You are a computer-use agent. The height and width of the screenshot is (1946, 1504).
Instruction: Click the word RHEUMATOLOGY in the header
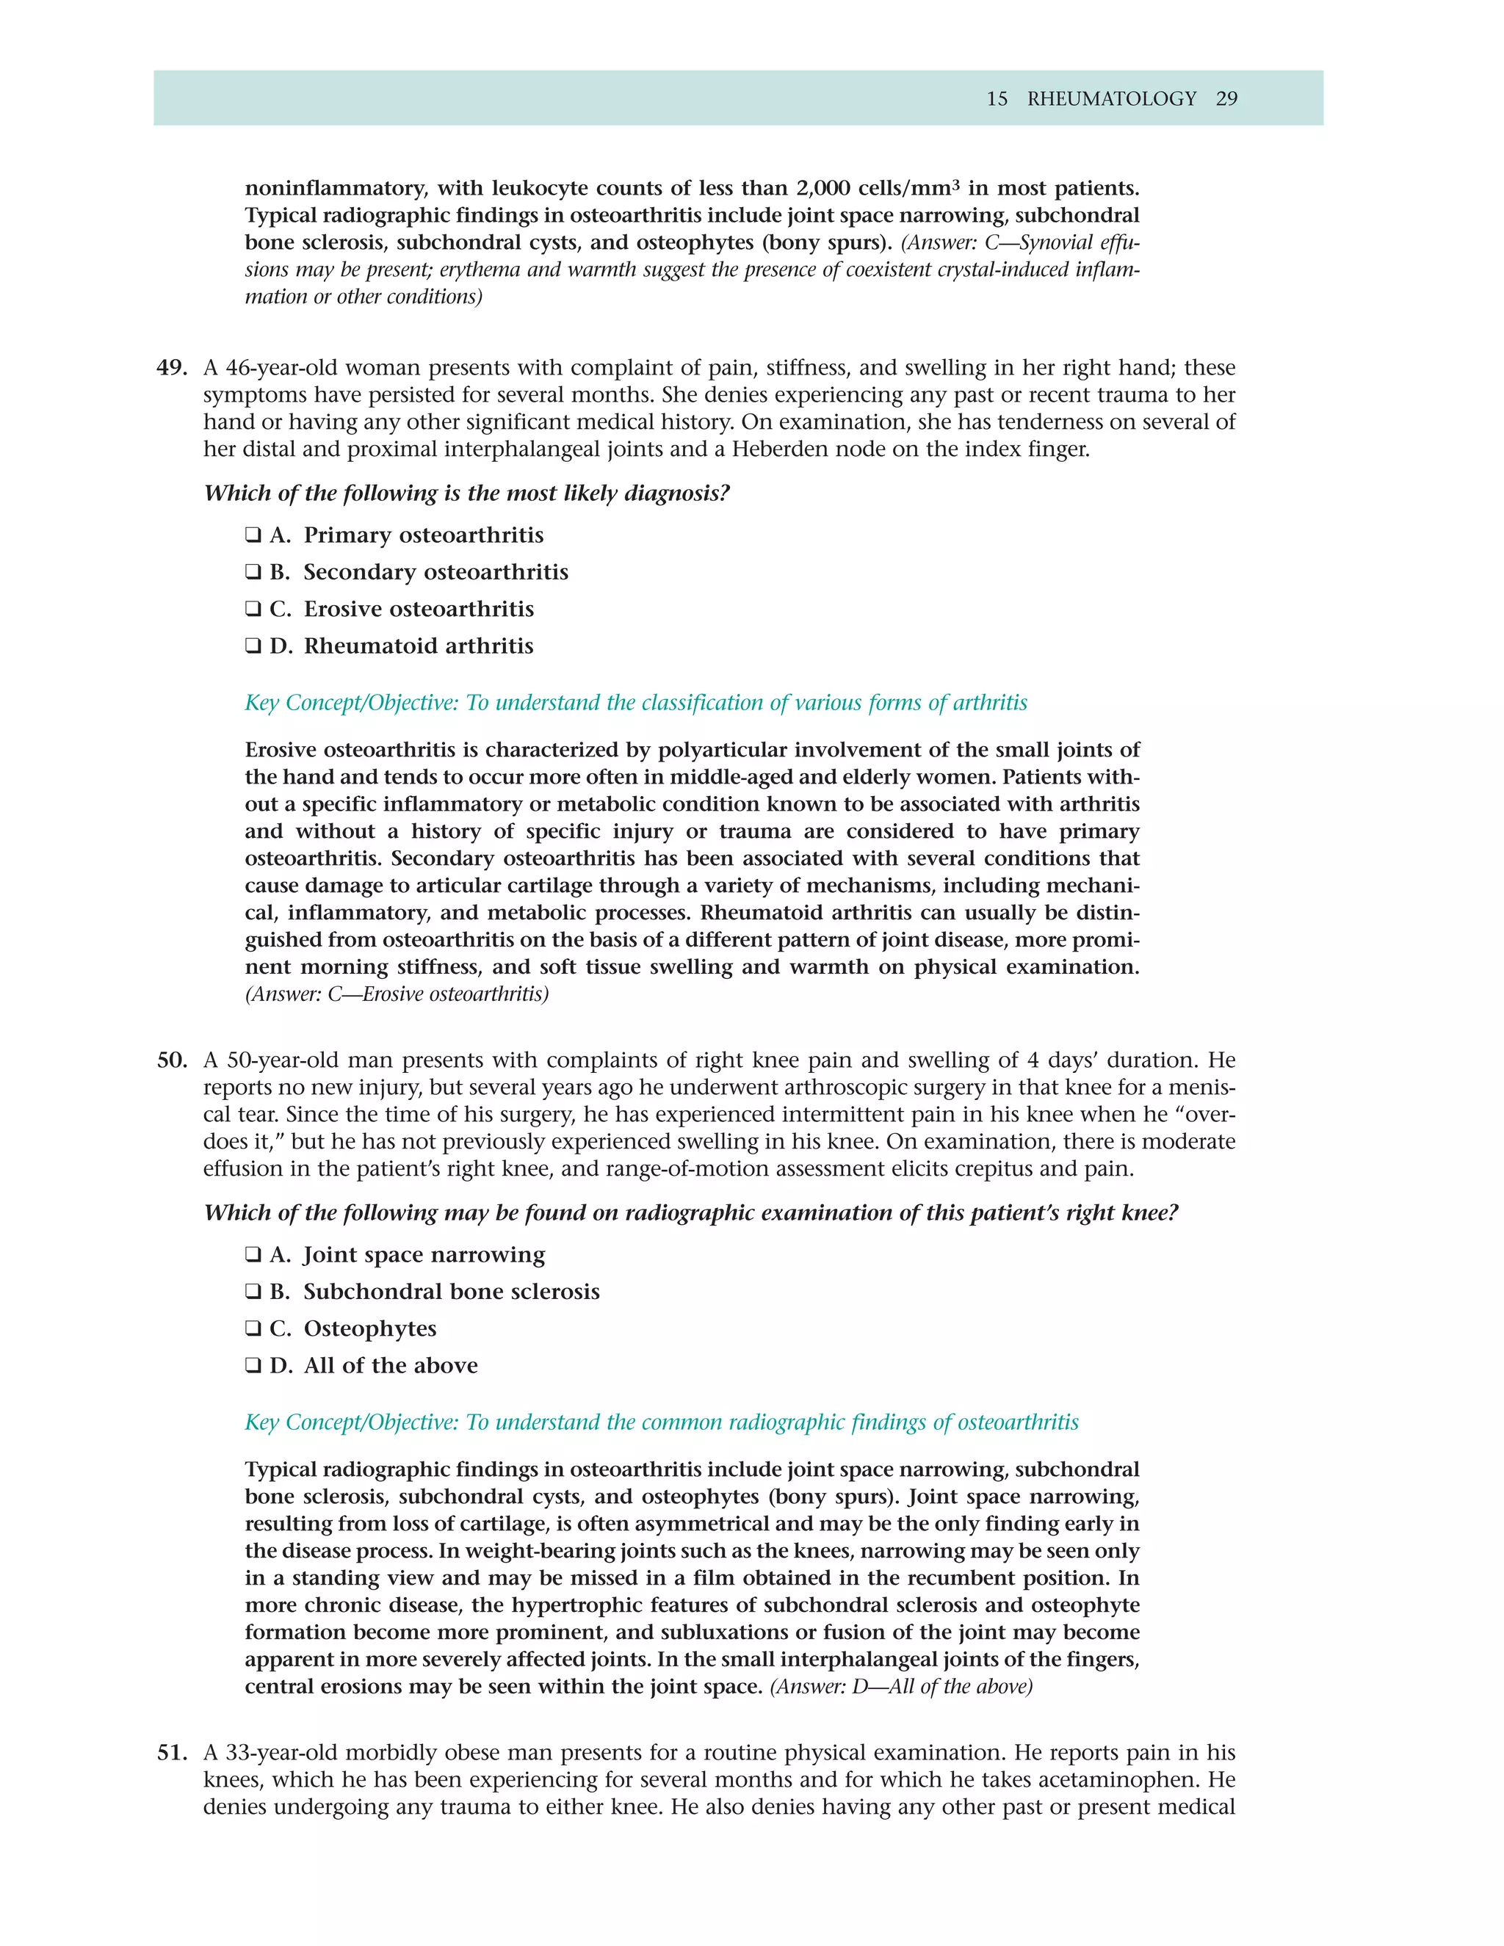1111,99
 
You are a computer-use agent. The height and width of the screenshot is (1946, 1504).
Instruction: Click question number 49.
172,368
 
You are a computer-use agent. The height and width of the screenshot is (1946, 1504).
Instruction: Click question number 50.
172,1060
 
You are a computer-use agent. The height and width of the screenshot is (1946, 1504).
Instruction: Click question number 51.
172,1753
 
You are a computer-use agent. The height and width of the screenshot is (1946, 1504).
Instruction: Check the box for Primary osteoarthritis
253,535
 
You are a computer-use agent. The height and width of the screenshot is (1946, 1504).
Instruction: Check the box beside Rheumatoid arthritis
253,646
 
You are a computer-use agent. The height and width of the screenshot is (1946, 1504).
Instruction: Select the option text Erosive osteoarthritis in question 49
419,610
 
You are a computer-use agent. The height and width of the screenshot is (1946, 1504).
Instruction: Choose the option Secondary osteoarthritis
435,572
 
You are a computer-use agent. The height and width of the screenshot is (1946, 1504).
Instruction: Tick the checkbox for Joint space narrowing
253,1256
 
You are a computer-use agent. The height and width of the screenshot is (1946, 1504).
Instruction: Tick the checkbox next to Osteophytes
253,1329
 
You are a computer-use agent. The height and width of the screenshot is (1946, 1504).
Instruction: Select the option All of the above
390,1366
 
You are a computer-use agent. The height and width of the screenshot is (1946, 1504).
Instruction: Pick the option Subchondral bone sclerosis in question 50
451,1292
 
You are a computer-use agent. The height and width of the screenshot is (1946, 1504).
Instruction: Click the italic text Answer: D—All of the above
901,1687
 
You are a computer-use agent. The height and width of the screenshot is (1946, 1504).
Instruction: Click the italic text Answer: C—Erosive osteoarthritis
397,994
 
